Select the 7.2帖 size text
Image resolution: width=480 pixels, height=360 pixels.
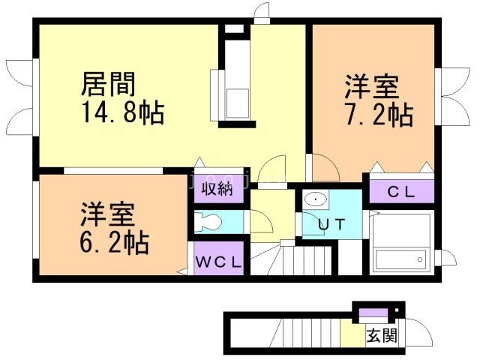(379, 115)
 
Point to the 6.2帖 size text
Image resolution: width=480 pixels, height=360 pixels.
(115, 241)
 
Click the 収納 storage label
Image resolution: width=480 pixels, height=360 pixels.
(216, 189)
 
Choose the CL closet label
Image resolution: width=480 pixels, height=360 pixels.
(400, 192)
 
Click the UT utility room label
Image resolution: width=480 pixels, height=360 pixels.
(330, 223)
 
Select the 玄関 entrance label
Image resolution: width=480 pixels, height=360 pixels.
(381, 335)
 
